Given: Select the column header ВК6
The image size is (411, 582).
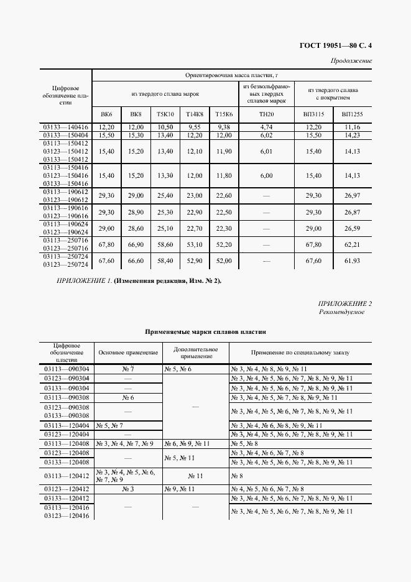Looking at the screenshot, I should click(x=106, y=114).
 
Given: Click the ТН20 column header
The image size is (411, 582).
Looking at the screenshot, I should click(x=266, y=114).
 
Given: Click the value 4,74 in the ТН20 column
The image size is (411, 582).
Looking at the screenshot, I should click(x=266, y=127).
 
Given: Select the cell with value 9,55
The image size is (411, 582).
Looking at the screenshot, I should click(x=194, y=127).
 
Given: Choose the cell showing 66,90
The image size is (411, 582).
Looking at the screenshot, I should click(x=136, y=245).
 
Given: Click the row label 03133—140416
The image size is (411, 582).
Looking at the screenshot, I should click(x=66, y=127).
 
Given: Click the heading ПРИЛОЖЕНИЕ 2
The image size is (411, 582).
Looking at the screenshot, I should click(x=345, y=303).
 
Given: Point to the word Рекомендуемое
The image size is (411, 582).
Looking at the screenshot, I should click(x=342, y=312).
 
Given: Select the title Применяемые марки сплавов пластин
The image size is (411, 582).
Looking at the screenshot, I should click(x=205, y=332).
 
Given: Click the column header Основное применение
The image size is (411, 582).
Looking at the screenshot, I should click(x=128, y=353).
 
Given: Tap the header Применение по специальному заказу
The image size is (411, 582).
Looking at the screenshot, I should click(x=300, y=353).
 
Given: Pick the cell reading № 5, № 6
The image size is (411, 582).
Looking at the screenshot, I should click(x=178, y=369).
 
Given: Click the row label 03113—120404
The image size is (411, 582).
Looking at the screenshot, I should click(x=66, y=425).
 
